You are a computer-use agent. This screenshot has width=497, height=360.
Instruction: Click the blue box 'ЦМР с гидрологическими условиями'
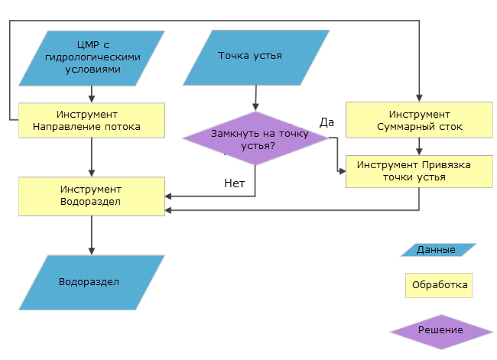click(x=92, y=57)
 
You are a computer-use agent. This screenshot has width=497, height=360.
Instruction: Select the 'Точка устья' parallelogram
click(x=250, y=57)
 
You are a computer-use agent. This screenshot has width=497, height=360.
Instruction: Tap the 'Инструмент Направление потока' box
click(x=92, y=119)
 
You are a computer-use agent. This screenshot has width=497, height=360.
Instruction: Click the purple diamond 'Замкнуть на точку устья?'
click(x=255, y=138)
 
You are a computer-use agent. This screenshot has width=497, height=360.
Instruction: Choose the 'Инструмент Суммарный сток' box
click(x=419, y=120)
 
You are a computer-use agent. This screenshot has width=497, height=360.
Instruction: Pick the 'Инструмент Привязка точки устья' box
click(x=419, y=171)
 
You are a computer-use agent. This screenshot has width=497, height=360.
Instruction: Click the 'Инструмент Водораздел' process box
click(x=92, y=196)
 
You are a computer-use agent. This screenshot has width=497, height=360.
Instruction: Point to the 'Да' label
click(x=326, y=122)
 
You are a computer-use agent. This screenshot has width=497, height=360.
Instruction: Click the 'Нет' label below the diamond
click(x=235, y=183)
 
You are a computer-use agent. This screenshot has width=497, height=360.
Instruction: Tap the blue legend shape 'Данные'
click(x=437, y=250)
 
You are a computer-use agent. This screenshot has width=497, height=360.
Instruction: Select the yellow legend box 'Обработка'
click(x=439, y=285)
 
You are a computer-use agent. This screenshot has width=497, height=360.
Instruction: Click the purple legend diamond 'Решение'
click(x=440, y=330)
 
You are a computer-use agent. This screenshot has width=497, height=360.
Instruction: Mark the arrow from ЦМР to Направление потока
click(x=92, y=93)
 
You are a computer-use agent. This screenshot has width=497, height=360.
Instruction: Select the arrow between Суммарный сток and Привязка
click(x=419, y=147)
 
